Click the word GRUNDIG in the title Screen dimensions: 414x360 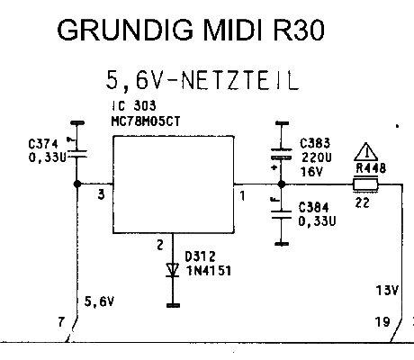(125, 30)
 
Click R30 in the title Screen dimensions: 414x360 (299, 30)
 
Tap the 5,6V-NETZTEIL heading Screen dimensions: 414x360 (202, 80)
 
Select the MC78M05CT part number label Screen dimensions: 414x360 (146, 121)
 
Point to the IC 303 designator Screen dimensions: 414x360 (134, 105)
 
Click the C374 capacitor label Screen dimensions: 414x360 (43, 144)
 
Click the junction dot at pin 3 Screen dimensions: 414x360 (77, 184)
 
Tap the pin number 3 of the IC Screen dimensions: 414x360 (102, 195)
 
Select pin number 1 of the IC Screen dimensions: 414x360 (242, 196)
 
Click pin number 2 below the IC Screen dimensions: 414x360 (160, 245)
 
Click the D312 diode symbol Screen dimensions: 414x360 (173, 270)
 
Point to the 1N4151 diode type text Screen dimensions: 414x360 (209, 271)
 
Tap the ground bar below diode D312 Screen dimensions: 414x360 (173, 305)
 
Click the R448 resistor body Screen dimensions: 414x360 (365, 184)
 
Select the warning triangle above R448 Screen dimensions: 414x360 (366, 152)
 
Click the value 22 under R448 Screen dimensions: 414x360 (363, 203)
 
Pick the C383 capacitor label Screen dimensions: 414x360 (315, 143)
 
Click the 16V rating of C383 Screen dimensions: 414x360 (311, 172)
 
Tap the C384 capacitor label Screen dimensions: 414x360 (313, 207)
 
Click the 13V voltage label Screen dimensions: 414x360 (387, 290)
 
